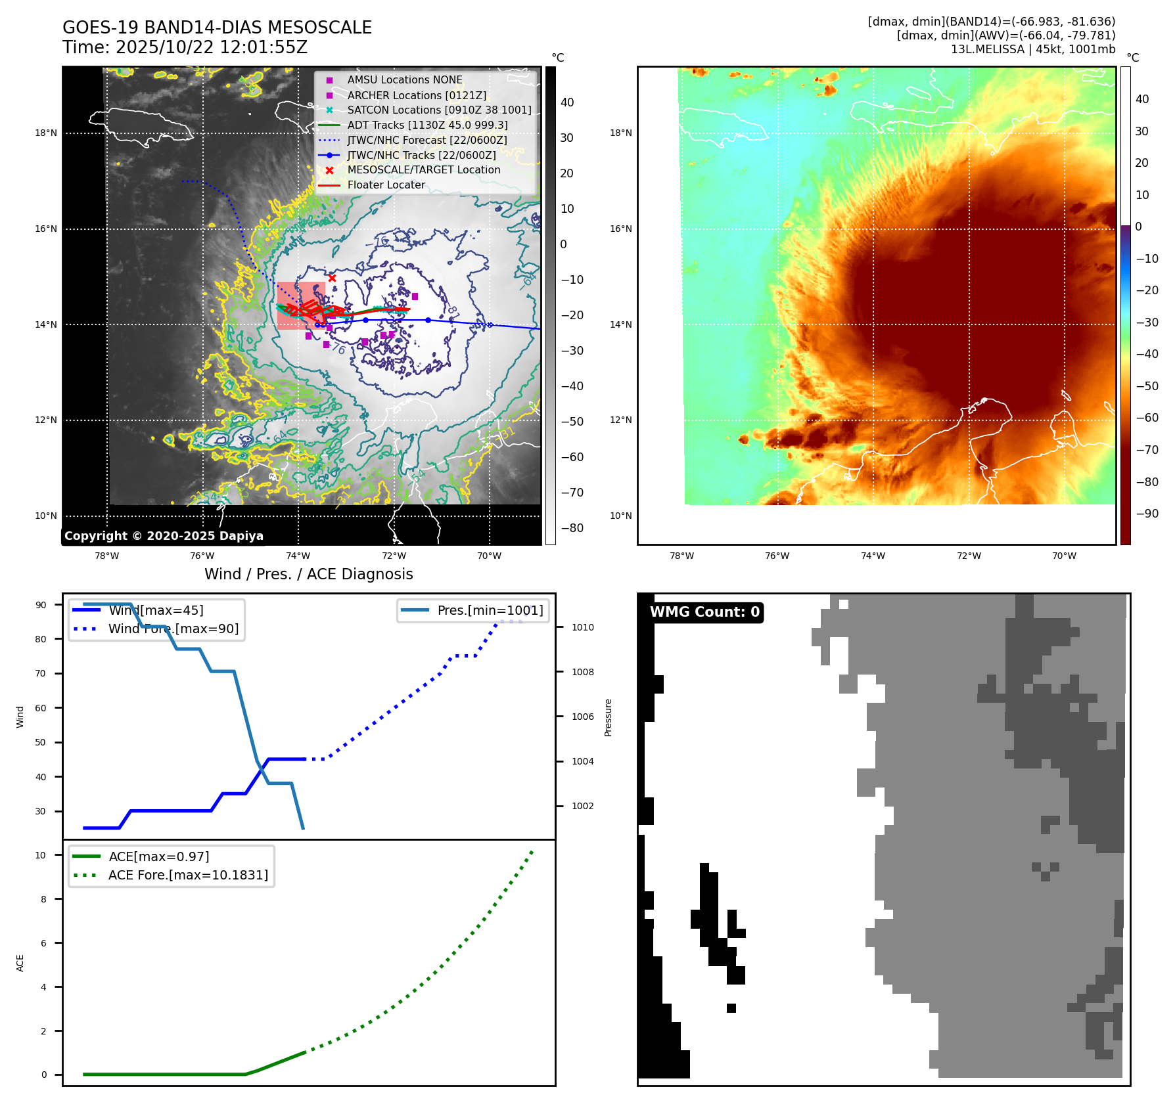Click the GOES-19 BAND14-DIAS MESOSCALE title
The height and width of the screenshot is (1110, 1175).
pyautogui.click(x=217, y=28)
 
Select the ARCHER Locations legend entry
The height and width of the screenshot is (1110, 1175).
pyautogui.click(x=417, y=95)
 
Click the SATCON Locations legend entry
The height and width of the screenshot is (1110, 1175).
pyautogui.click(x=439, y=110)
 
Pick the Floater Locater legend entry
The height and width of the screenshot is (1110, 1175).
pyautogui.click(x=386, y=185)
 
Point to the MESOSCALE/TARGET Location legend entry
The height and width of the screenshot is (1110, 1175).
pyautogui.click(x=423, y=169)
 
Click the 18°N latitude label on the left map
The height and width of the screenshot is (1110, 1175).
pyautogui.click(x=46, y=133)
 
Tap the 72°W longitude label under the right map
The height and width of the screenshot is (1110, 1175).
pyautogui.click(x=968, y=556)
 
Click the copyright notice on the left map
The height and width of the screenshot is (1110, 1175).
pyautogui.click(x=164, y=536)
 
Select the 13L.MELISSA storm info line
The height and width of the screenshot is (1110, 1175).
pyautogui.click(x=1032, y=49)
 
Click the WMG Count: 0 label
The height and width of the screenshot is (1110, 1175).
pyautogui.click(x=704, y=612)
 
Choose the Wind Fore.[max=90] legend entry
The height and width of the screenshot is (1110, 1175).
pyautogui.click(x=173, y=629)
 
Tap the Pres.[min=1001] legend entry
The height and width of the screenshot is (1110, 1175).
pyautogui.click(x=490, y=610)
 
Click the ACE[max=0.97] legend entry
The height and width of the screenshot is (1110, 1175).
pyautogui.click(x=159, y=856)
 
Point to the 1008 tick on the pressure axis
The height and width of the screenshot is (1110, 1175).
pyautogui.click(x=582, y=672)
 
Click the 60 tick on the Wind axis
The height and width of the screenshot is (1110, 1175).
pyautogui.click(x=41, y=708)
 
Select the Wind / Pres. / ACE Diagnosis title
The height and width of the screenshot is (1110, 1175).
pyautogui.click(x=308, y=574)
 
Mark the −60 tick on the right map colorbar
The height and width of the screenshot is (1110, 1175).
pyautogui.click(x=1147, y=418)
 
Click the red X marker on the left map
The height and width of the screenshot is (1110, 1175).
pyautogui.click(x=332, y=278)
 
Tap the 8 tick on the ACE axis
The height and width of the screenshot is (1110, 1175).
pyautogui.click(x=43, y=899)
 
